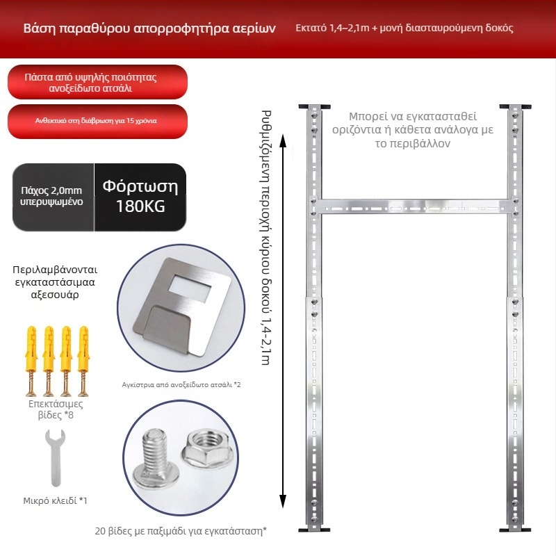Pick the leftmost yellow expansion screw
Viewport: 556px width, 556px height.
tap(31, 361)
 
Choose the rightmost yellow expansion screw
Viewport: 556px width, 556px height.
tap(83, 361)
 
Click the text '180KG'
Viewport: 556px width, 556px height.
tap(140, 206)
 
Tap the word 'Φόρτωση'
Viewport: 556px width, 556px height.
tap(140, 186)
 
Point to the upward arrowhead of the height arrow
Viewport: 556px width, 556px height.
tap(283, 141)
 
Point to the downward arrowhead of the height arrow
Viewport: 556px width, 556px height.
tap(283, 501)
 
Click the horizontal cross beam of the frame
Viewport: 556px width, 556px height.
tap(414, 206)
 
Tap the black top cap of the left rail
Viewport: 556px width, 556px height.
tap(315, 107)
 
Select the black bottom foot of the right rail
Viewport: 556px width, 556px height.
tap(515, 530)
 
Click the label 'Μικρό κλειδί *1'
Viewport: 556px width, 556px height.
tap(55, 500)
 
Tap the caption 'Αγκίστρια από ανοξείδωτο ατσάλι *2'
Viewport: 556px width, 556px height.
tap(181, 385)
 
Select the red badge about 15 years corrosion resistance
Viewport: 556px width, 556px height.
tap(97, 121)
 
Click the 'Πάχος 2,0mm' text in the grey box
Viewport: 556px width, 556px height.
tap(51, 190)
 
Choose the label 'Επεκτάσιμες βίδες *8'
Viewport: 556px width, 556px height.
tap(56, 409)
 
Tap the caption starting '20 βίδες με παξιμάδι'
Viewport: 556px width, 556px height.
tap(181, 531)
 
